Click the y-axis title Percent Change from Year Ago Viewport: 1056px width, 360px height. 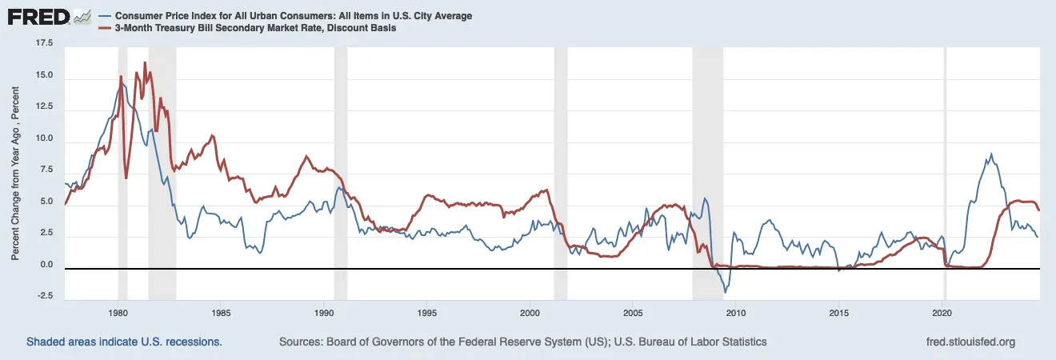pyautogui.click(x=15, y=171)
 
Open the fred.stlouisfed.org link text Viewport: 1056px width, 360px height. pyautogui.click(x=970, y=342)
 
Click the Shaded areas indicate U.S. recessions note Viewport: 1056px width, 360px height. pyautogui.click(x=124, y=342)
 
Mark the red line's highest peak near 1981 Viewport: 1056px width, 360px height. pyautogui.click(x=145, y=62)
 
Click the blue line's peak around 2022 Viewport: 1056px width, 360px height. pyautogui.click(x=992, y=154)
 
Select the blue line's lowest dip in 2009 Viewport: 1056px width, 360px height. pyautogui.click(x=725, y=292)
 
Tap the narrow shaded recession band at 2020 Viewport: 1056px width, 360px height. pyautogui.click(x=945, y=160)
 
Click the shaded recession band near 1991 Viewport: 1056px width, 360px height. pyautogui.click(x=341, y=160)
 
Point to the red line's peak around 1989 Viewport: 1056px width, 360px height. pyautogui.click(x=306, y=156)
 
